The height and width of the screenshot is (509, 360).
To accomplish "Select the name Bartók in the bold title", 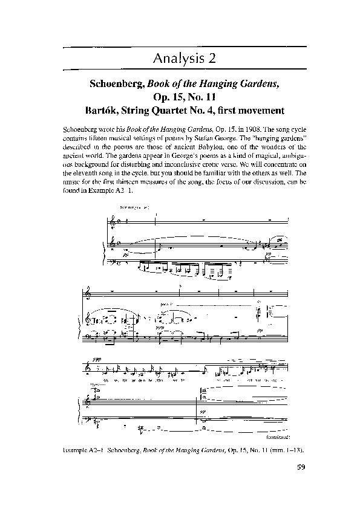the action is coord(106,111).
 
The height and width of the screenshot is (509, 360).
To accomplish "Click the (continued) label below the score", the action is coord(279,435).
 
